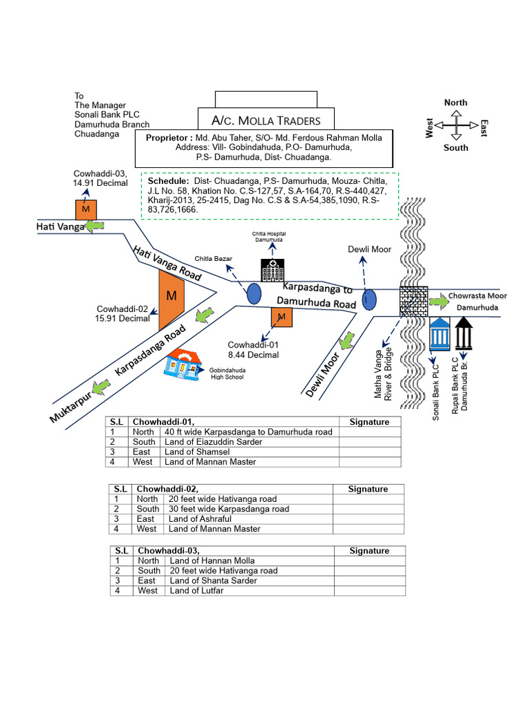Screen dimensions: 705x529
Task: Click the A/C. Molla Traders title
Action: (x=266, y=121)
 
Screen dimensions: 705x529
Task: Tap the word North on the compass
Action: (x=455, y=103)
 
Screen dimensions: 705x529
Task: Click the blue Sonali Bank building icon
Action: (x=440, y=335)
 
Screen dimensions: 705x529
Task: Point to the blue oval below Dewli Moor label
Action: (x=370, y=299)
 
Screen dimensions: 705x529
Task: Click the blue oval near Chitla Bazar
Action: (x=254, y=293)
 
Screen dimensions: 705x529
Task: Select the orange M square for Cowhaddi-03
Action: (x=85, y=209)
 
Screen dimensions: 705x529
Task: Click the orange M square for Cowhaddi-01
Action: (x=281, y=317)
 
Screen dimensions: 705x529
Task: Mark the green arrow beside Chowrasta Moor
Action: (x=437, y=301)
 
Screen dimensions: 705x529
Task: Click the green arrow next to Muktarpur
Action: (x=101, y=387)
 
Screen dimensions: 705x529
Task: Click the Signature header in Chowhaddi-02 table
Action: (x=368, y=489)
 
